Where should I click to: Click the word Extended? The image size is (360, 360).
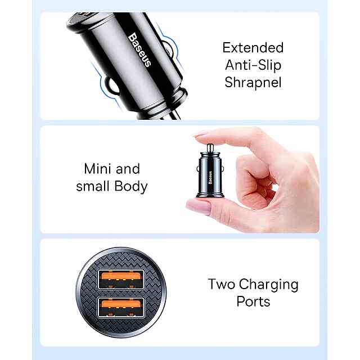(253, 48)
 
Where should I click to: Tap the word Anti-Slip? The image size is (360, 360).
(253, 65)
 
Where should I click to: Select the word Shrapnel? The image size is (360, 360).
(253, 83)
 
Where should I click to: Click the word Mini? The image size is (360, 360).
(98, 169)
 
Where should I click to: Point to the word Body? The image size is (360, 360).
(131, 186)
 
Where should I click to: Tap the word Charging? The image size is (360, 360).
(269, 285)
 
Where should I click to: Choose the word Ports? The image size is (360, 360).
(253, 301)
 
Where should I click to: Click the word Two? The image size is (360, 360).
(222, 284)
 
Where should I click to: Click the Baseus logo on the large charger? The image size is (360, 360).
(140, 49)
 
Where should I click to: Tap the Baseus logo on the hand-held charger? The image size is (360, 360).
(210, 178)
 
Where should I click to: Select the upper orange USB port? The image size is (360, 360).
(121, 279)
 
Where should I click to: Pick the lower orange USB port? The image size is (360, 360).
(121, 307)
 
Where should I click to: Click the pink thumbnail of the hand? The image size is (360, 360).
(199, 206)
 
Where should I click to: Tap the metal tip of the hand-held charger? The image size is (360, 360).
(210, 148)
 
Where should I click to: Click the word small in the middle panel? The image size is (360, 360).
(93, 186)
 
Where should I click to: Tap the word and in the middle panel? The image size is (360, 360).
(128, 169)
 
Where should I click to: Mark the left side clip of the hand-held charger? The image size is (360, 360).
(198, 169)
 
